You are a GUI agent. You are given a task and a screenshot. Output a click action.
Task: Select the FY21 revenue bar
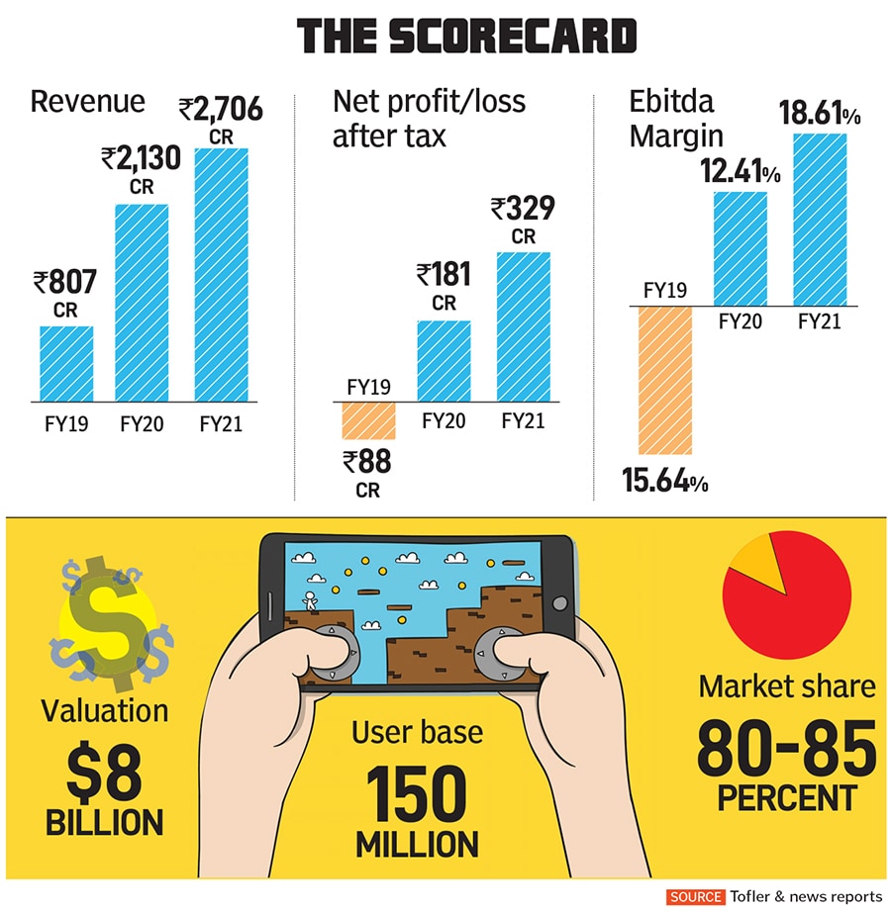pos(221,275)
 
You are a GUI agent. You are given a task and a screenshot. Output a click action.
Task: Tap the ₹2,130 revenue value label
pos(142,157)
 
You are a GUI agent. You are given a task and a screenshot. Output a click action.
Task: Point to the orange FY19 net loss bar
pos(368,419)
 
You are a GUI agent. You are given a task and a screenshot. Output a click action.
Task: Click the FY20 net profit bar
pos(444,360)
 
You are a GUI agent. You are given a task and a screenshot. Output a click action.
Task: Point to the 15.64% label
pos(664,483)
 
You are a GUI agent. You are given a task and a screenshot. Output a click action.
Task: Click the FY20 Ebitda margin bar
pos(740,247)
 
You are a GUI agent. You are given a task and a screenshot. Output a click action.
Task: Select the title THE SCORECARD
pos(467,38)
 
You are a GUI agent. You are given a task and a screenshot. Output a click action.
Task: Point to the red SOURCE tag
pos(695,896)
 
